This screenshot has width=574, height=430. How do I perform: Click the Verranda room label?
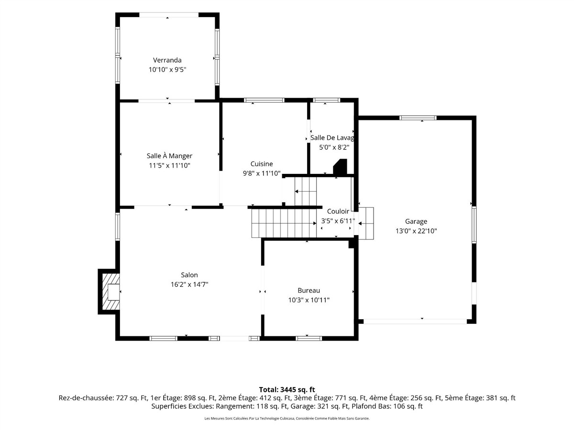[x=167, y=60]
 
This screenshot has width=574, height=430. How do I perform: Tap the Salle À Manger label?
[x=169, y=156]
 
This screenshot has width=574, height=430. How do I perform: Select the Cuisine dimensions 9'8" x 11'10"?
[x=262, y=173]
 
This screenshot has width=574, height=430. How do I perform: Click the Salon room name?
[x=189, y=275]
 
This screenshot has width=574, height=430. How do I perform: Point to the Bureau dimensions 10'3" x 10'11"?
[x=309, y=300]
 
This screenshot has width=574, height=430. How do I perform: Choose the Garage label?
[x=416, y=221]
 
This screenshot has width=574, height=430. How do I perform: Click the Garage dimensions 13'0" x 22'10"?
[x=416, y=231]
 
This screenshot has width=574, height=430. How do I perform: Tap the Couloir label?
[x=338, y=211]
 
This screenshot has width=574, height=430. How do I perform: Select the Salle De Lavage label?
[x=332, y=138]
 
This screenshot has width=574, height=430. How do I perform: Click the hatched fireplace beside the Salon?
[x=110, y=292]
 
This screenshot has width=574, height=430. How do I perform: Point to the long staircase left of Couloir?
[x=284, y=224]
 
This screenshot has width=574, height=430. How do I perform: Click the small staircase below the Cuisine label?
[x=306, y=192]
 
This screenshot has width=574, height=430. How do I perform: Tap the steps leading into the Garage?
[x=366, y=223]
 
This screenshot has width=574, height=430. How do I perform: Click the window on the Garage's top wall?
[x=418, y=118]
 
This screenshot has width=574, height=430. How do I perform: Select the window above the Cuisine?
[x=264, y=100]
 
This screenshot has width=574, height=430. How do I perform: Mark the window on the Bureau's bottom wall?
[x=309, y=338]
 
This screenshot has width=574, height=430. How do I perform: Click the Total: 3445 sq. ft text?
[x=287, y=389]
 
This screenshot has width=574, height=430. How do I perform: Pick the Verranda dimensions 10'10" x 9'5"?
[x=167, y=70]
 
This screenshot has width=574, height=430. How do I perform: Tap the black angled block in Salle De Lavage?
[x=340, y=167]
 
